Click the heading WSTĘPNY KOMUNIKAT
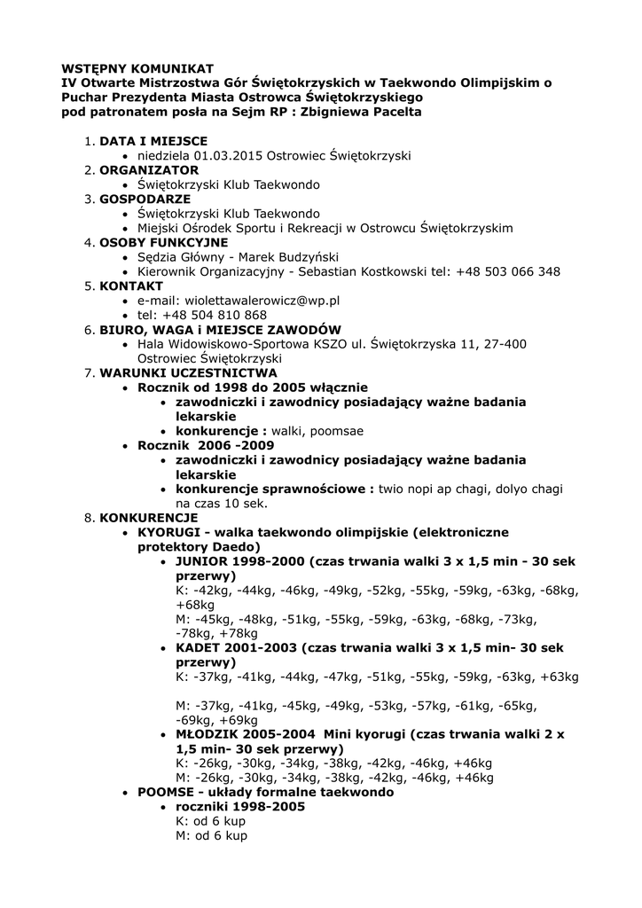pos(137,67)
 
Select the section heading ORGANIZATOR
pos(149,169)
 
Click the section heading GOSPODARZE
pos(145,199)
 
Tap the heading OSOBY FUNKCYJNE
pos(163,242)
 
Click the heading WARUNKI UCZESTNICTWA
pos(188,373)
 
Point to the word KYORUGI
pos(168,532)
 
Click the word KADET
pos(198,647)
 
